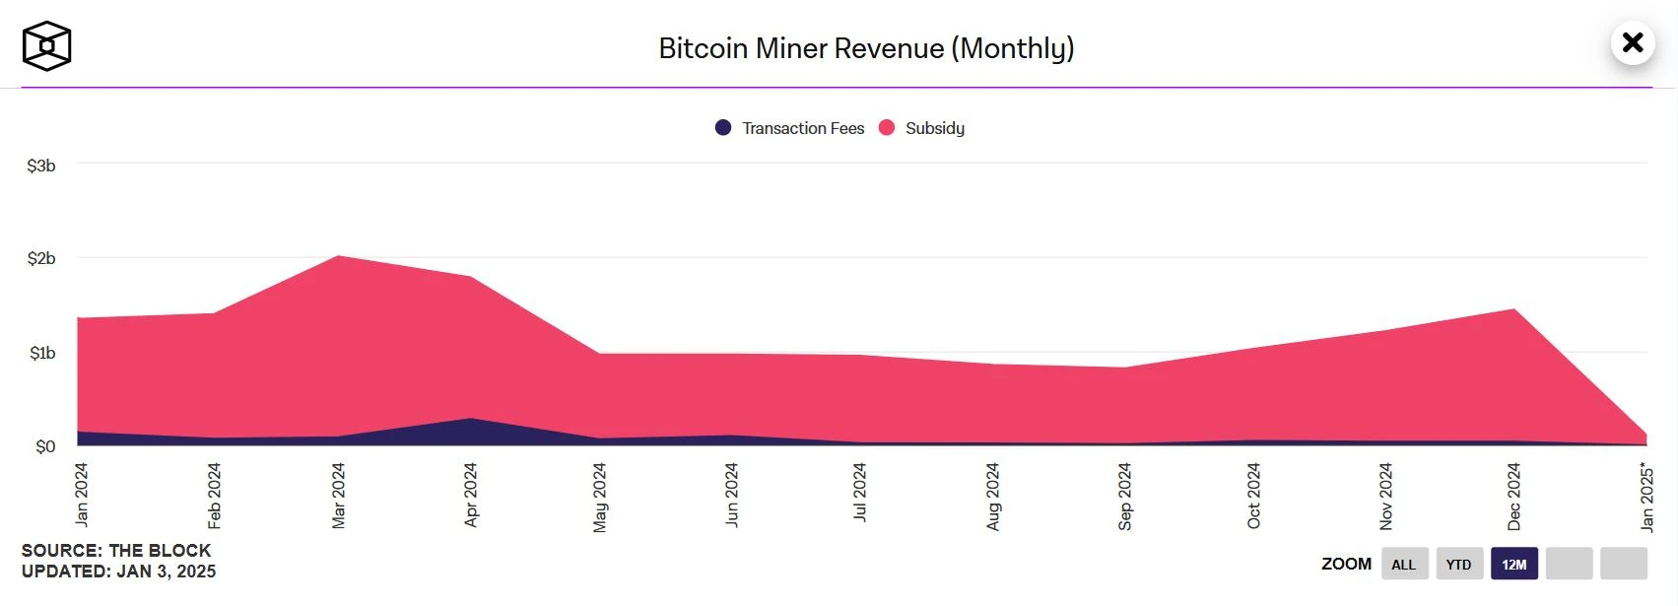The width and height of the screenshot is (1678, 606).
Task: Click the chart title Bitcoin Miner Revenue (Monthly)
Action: click(866, 48)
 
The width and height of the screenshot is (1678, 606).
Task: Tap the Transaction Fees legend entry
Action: click(790, 128)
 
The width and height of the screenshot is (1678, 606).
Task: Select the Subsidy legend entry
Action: click(922, 128)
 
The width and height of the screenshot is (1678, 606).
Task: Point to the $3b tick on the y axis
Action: click(41, 166)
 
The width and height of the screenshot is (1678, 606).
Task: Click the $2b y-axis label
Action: click(41, 258)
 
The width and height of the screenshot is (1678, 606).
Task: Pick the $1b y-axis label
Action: click(42, 353)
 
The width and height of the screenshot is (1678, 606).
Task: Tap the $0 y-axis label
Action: click(45, 446)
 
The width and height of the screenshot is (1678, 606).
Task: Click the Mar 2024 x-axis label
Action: click(339, 496)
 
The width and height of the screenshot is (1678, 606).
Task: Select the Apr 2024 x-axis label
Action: click(471, 495)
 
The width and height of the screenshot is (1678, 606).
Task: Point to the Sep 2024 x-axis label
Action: click(1125, 497)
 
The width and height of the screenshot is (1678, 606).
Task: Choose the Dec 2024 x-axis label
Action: click(1514, 497)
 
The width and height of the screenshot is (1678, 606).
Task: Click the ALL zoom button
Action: click(1403, 564)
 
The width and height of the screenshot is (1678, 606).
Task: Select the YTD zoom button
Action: click(1458, 564)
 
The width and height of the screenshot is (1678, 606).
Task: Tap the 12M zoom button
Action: click(1514, 564)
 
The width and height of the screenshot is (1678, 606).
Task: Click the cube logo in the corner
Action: click(46, 46)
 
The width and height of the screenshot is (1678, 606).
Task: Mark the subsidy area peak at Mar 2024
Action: click(339, 257)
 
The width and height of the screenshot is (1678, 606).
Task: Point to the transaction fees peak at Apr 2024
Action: click(471, 420)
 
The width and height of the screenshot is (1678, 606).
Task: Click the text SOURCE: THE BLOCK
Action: click(116, 550)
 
